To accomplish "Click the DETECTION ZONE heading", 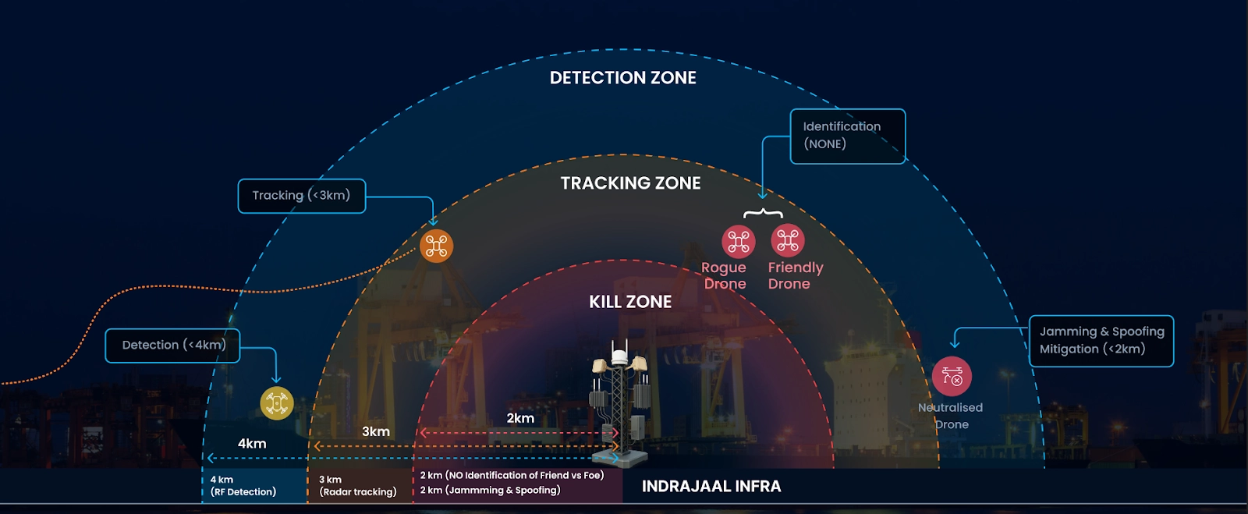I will [x=622, y=78].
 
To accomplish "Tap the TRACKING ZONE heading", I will [x=630, y=183].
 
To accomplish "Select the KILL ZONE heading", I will [x=630, y=302].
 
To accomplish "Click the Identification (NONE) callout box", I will [x=847, y=136].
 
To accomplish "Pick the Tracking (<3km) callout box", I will [x=301, y=196].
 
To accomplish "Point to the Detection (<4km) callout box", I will [x=172, y=346].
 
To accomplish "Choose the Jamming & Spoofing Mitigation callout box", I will [x=1101, y=341].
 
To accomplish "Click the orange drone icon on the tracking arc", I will [x=436, y=246].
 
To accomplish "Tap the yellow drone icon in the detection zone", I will [x=276, y=403].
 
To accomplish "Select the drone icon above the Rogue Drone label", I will [x=738, y=242].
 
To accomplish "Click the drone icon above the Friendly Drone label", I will [x=788, y=241].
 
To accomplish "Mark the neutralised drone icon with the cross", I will [x=952, y=377].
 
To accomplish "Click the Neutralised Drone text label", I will [x=951, y=416].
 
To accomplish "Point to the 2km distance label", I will [x=520, y=418].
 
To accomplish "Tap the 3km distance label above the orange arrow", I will [x=376, y=431].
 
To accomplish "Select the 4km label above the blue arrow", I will [x=252, y=444].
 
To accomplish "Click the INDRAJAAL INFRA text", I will [x=711, y=487].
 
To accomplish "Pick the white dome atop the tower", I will [x=619, y=357].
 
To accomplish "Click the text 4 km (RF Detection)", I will [x=243, y=486].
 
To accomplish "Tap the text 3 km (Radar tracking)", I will [x=357, y=486].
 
